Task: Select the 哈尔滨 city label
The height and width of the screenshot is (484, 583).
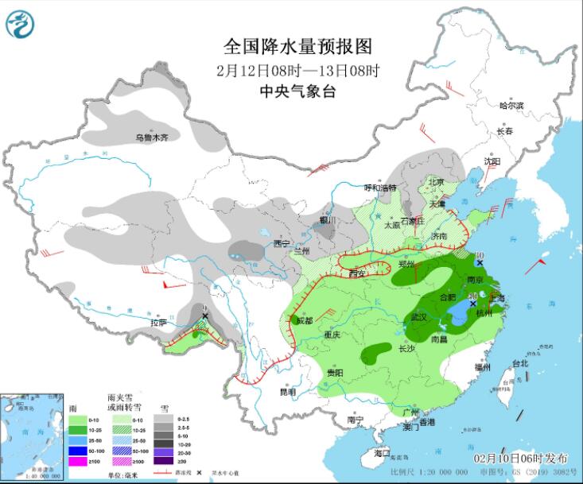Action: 511,106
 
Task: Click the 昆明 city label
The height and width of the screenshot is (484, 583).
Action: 286,392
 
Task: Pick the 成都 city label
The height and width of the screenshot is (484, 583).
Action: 305,320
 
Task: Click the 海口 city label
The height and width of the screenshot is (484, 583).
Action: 383,453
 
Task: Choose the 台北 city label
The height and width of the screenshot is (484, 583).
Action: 520,363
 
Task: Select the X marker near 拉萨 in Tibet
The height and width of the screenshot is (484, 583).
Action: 205,316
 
